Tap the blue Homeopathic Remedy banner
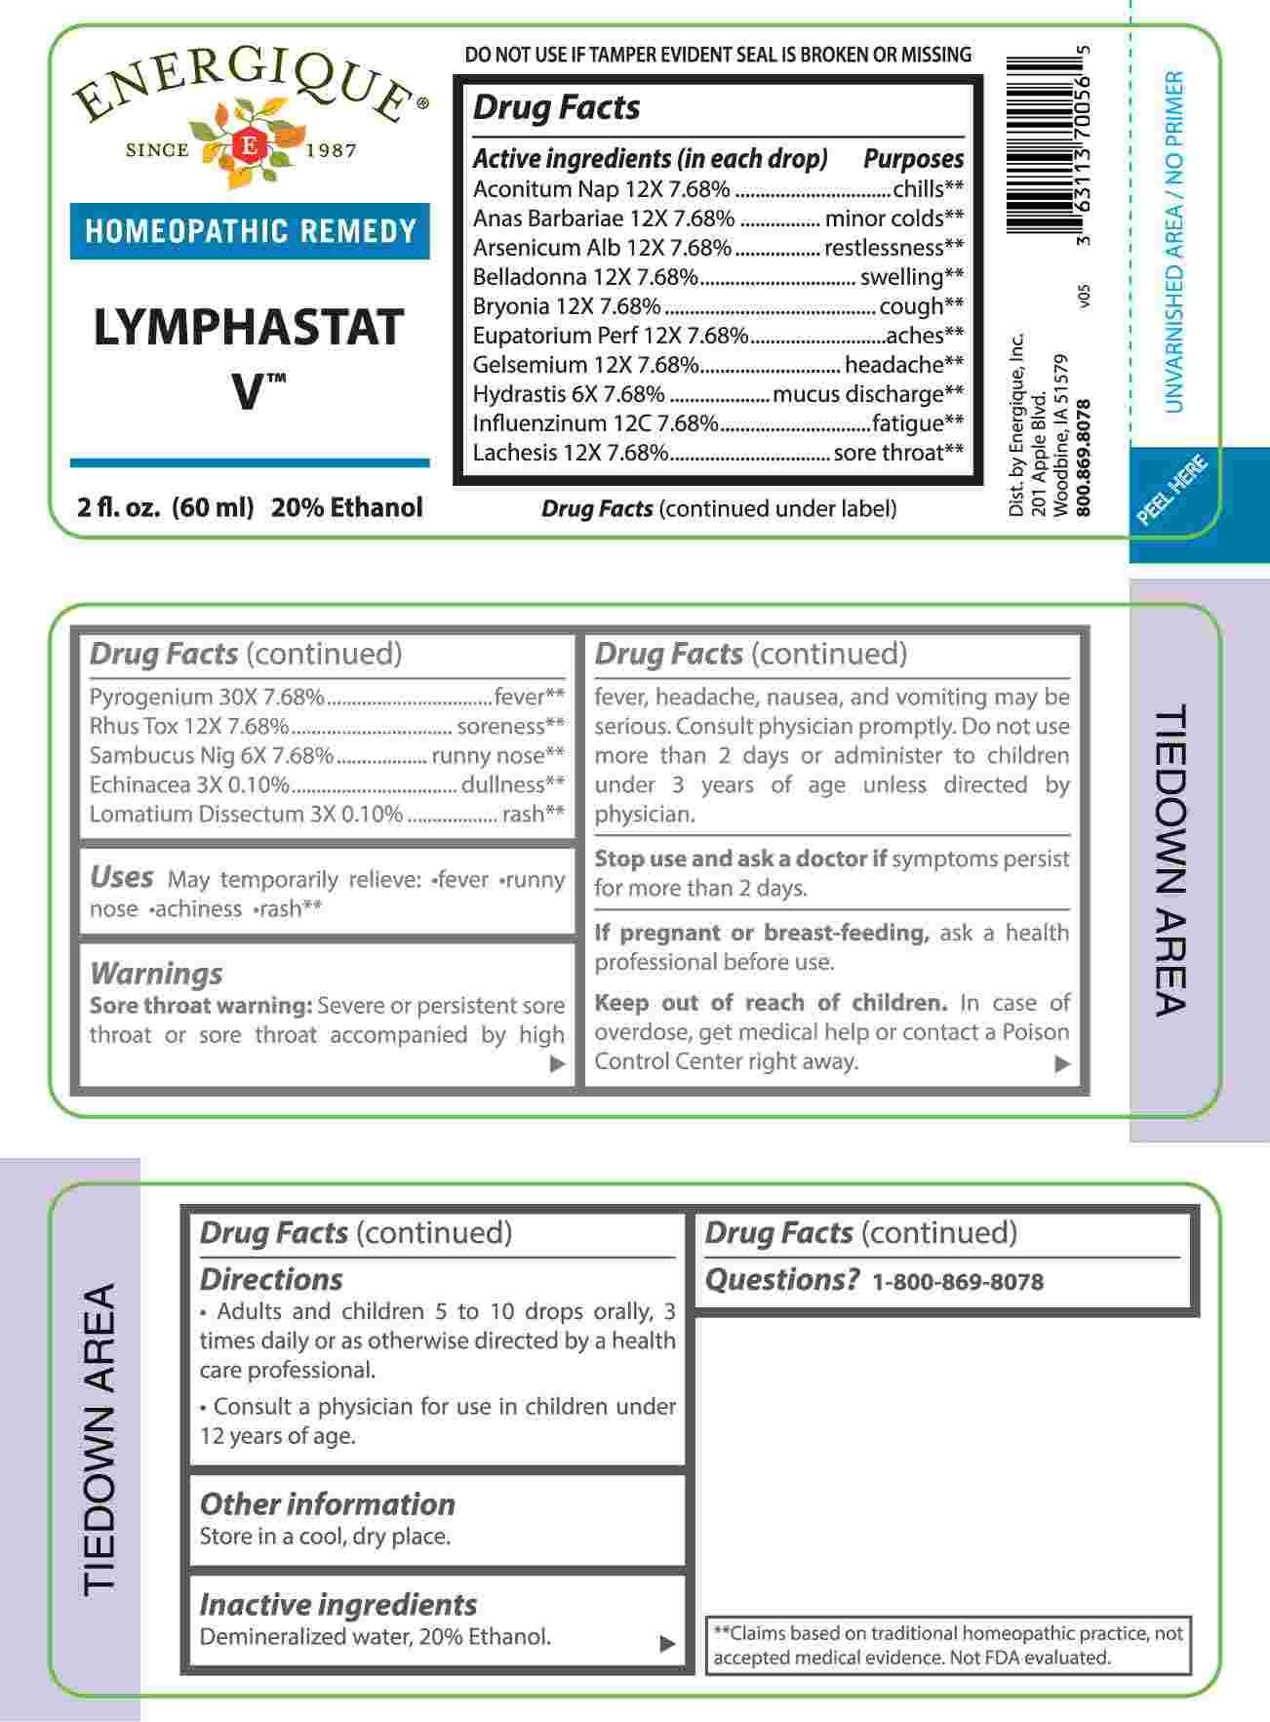pos(250,231)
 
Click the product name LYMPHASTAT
pos(249,327)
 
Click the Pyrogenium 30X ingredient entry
pos(206,698)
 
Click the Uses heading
pos(121,877)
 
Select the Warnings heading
pos(156,974)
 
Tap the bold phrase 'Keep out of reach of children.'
pos(771,1003)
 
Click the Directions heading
pos(271,1279)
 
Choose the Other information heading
pos(327,1503)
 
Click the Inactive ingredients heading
pos(337,1604)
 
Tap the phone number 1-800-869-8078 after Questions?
pos(957,1282)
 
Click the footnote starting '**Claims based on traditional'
pos(948,1645)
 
